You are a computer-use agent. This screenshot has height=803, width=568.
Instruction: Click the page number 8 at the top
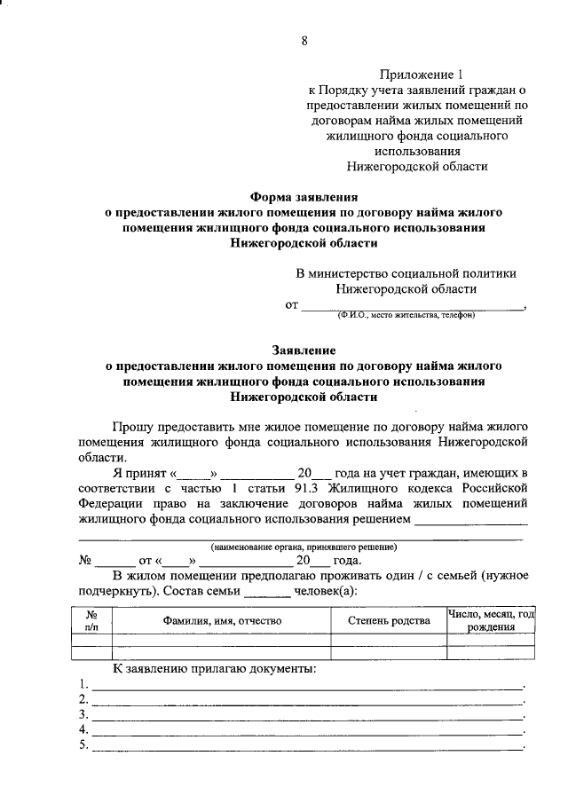pos(304,41)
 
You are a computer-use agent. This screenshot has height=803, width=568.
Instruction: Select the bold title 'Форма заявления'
pos(304,198)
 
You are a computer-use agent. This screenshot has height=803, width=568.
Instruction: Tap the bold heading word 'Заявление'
pos(304,350)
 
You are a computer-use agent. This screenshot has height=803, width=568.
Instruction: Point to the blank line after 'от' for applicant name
pos(413,306)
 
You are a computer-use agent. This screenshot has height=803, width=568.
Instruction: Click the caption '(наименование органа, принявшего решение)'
pos(304,547)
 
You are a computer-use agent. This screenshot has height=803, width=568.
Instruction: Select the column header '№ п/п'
pos(91,620)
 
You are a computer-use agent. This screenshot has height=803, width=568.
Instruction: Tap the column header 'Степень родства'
pos(389,620)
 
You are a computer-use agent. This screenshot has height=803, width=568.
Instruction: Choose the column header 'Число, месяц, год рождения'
pos(491,620)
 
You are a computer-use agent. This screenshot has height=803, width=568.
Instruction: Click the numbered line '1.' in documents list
pos(83,684)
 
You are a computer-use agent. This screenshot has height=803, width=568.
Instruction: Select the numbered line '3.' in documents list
pos(83,714)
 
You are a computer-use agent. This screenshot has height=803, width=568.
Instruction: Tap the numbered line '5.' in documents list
pos(83,744)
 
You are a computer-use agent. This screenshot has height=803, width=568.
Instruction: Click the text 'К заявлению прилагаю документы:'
pos(214,667)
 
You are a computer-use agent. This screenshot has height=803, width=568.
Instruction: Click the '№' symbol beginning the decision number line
pos(87,561)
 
